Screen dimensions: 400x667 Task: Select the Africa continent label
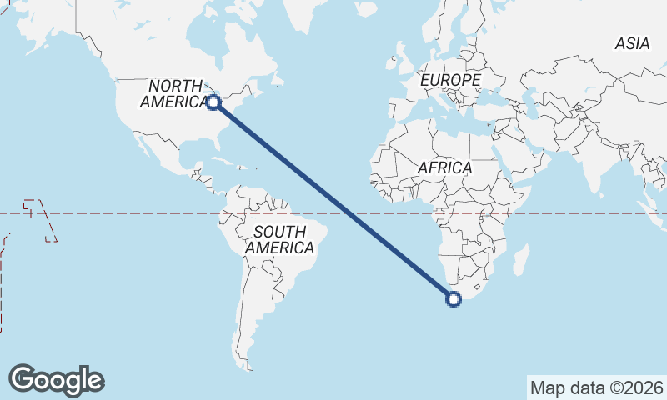tap(444, 167)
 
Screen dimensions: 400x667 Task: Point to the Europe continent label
tap(450, 80)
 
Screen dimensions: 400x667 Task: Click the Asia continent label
tap(632, 44)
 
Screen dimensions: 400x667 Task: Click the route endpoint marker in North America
tap(213, 102)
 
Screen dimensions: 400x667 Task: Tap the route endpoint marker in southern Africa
tap(454, 299)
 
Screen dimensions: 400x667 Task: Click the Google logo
tap(56, 380)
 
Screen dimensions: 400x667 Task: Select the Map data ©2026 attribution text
tap(597, 387)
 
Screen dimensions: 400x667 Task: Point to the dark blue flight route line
tap(333, 201)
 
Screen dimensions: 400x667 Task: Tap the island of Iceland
tap(365, 7)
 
